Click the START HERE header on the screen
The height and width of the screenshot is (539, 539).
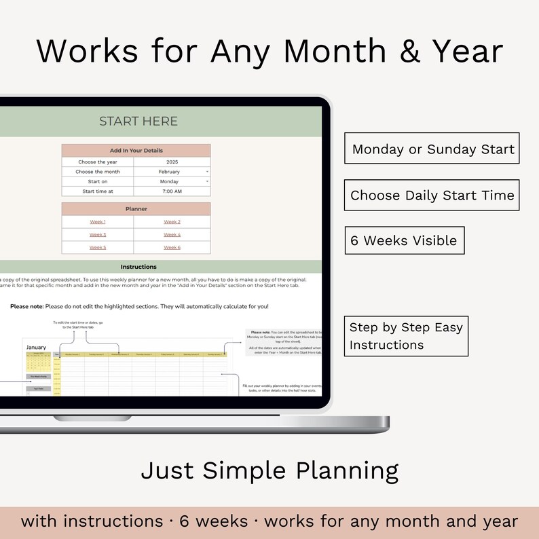[x=138, y=122]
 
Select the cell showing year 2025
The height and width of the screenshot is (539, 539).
[x=172, y=162]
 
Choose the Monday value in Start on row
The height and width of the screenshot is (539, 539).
[x=169, y=182]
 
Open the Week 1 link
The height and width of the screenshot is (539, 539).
[x=98, y=222]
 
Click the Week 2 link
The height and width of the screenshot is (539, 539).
[x=172, y=222]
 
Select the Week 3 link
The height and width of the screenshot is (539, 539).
[x=98, y=235]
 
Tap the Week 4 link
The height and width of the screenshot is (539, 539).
[x=172, y=235]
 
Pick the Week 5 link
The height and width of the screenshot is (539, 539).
[x=98, y=248]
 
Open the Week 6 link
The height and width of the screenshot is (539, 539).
[x=172, y=248]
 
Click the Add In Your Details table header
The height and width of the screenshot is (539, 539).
[x=136, y=151]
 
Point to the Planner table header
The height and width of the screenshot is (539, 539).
[x=136, y=209]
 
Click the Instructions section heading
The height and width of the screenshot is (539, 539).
[x=138, y=267]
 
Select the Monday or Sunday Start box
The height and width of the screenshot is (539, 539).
[x=432, y=149]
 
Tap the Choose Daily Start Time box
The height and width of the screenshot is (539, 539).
[x=432, y=196]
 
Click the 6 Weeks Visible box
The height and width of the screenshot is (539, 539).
[x=404, y=240]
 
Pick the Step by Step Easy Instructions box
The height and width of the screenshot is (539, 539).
[x=406, y=336]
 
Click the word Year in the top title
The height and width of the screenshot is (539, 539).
[x=462, y=52]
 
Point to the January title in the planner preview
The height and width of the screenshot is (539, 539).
[x=36, y=347]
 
